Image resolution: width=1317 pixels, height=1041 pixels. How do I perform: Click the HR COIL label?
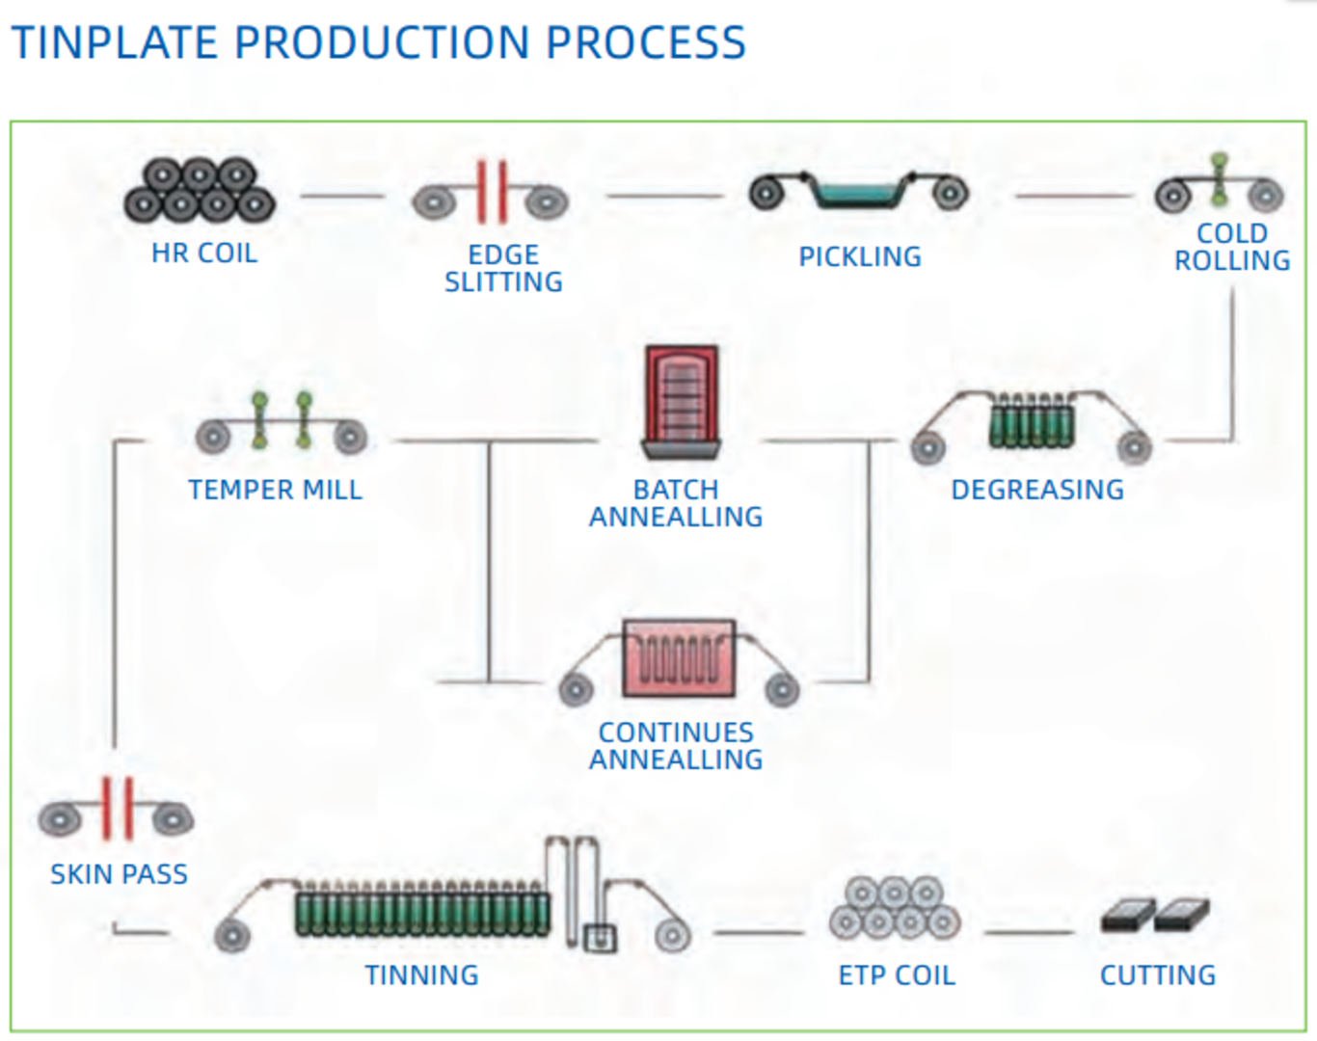tap(204, 254)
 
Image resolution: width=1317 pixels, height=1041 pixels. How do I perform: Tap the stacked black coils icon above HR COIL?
tap(200, 189)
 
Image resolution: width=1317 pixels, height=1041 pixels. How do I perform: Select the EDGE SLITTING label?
tap(503, 268)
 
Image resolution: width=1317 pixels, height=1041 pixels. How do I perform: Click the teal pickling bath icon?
tap(857, 193)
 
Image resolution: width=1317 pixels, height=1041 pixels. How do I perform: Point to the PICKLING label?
tap(860, 256)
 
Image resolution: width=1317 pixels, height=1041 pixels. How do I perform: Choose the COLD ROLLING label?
tap(1232, 247)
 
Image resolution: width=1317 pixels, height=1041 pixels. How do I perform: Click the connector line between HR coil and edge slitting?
tap(341, 196)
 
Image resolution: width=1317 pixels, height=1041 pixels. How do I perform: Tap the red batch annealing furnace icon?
tap(682, 400)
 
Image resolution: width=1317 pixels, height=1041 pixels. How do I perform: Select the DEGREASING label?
tap(1037, 490)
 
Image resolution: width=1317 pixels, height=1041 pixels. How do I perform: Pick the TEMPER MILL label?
tap(276, 490)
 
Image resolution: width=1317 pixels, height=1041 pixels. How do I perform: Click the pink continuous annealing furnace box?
tap(679, 657)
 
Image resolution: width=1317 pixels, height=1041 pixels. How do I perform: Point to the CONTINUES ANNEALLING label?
tap(676, 746)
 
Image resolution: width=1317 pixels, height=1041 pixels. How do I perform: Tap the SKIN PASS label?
tap(120, 874)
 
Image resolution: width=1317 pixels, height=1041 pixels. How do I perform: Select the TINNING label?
tap(421, 975)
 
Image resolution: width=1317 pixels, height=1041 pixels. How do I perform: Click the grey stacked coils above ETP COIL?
tap(895, 908)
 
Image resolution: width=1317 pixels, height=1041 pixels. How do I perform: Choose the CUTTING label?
tap(1158, 975)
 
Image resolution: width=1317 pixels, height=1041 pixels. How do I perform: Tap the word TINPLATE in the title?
tap(115, 43)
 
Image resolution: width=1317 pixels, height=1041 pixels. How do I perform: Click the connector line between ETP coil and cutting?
tap(1028, 932)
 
